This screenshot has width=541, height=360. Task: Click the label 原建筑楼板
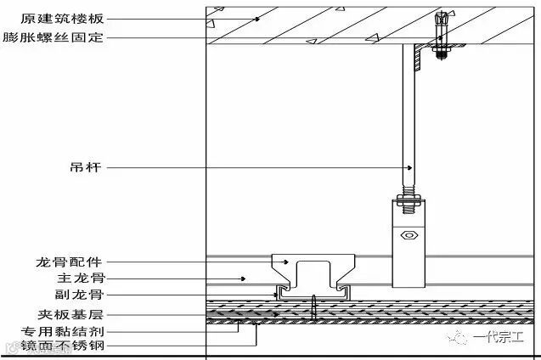click(52, 17)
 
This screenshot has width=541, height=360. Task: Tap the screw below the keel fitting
click(315, 307)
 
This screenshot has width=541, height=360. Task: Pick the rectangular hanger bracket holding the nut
click(409, 242)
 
